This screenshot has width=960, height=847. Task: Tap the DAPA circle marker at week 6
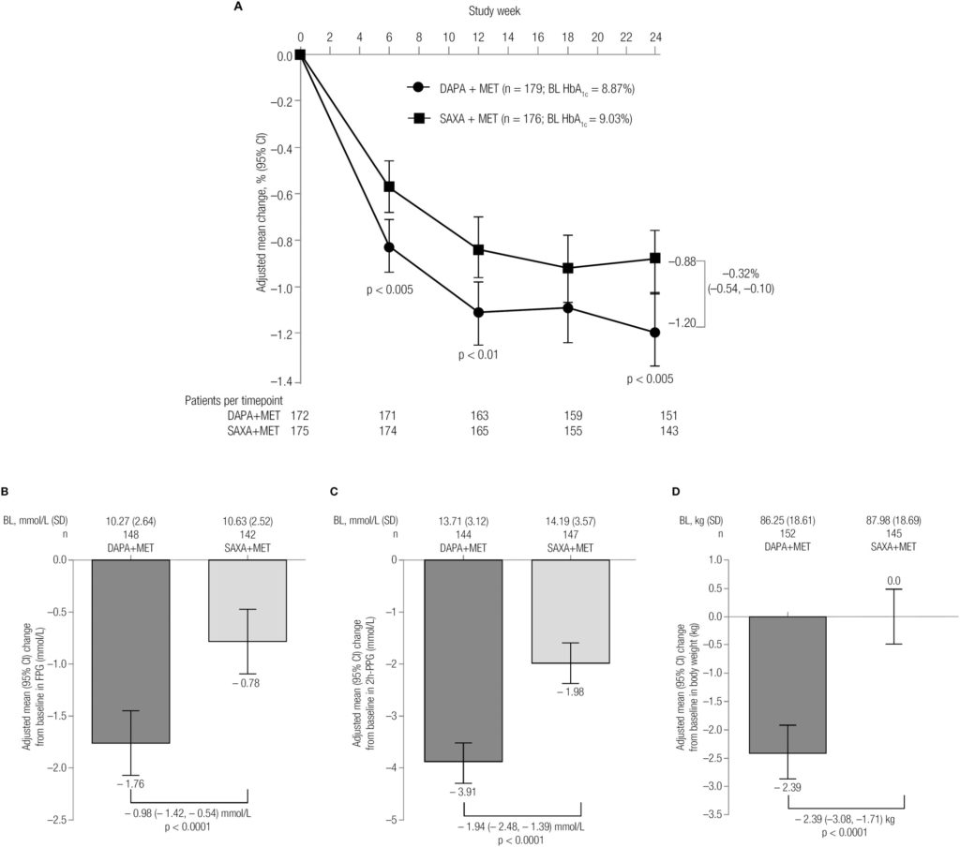[x=388, y=246]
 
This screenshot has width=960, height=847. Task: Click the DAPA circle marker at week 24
[x=655, y=333]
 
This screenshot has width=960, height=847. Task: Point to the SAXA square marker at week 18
[x=566, y=268]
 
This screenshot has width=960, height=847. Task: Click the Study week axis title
[x=495, y=10]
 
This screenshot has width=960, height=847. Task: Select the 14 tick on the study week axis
[x=507, y=37]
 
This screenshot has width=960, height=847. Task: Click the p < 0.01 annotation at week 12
[x=478, y=355]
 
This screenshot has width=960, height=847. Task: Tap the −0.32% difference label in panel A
[x=742, y=274]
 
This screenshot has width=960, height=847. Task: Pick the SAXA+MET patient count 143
[x=655, y=431]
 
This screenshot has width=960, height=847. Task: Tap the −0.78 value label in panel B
[x=247, y=683]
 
